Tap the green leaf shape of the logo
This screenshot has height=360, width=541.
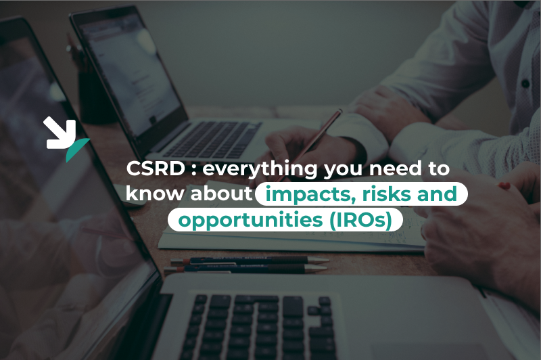[76, 151]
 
